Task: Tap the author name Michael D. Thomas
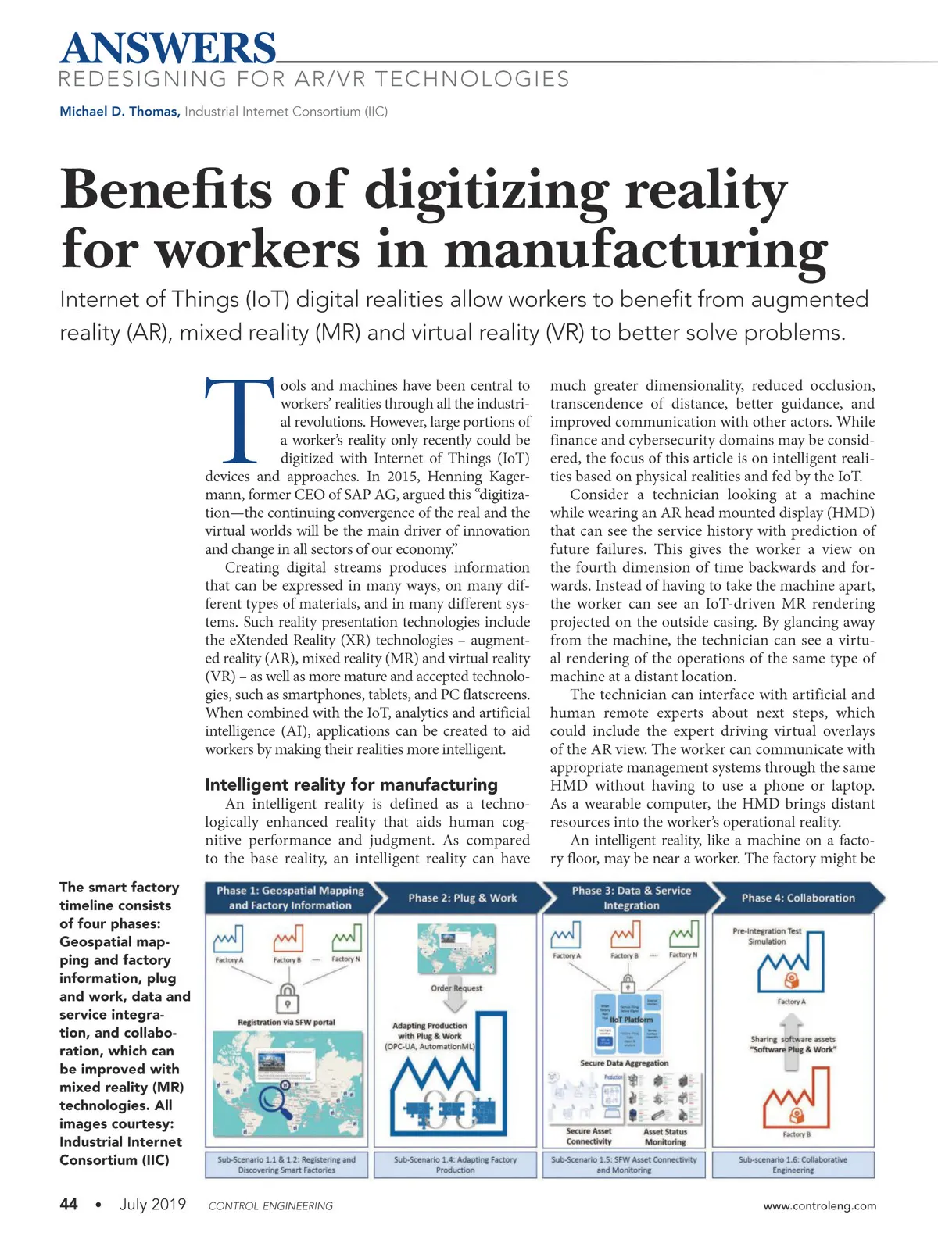pos(119,112)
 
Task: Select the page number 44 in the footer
pos(69,1204)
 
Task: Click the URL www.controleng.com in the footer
pos(820,1205)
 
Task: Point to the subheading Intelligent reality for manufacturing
pos(351,784)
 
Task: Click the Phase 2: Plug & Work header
pos(462,898)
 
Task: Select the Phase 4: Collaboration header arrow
pos(798,898)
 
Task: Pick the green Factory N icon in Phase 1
pos(345,939)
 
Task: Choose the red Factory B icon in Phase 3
pos(625,935)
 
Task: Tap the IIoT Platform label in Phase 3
pos(630,1020)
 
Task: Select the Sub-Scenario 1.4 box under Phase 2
pos(456,1165)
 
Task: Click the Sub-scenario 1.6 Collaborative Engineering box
pos(793,1165)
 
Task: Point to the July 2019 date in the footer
pos(152,1204)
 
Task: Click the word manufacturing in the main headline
pos(635,250)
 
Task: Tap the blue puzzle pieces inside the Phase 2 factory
pos(443,1111)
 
